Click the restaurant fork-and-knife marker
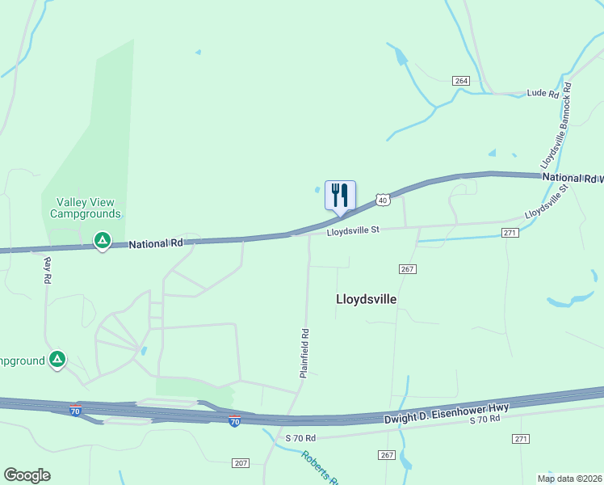coord(340,196)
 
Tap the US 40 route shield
coord(382,200)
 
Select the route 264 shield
coord(461,81)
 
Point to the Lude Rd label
coord(543,94)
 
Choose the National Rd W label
coord(573,178)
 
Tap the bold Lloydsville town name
coord(366,299)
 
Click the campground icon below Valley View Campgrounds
coord(103,240)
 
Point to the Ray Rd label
coord(48,270)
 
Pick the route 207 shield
coord(240,462)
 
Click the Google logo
coord(27,475)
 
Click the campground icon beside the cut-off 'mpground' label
coord(57,359)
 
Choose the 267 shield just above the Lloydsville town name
coord(407,268)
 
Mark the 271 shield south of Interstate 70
coord(521,438)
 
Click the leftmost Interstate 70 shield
coord(75,411)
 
